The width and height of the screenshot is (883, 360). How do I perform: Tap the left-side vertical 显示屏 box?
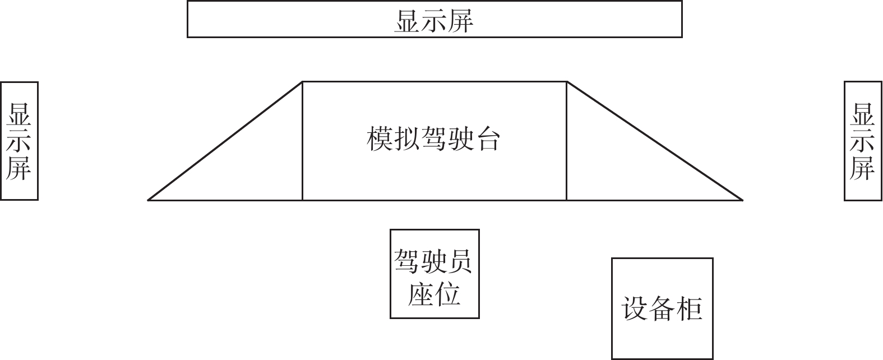click(19, 141)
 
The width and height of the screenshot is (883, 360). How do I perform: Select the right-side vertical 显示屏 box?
click(863, 141)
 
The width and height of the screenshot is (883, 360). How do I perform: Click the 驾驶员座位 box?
click(434, 274)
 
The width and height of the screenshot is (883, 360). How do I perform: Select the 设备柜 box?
click(662, 308)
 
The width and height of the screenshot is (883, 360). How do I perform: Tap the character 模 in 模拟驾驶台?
click(380, 139)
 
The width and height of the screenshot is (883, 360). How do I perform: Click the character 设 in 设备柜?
click(635, 308)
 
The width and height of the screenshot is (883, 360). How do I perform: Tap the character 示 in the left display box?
click(19, 141)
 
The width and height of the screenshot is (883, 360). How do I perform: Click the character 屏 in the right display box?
click(863, 168)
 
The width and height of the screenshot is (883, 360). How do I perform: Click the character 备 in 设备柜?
click(662, 308)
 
